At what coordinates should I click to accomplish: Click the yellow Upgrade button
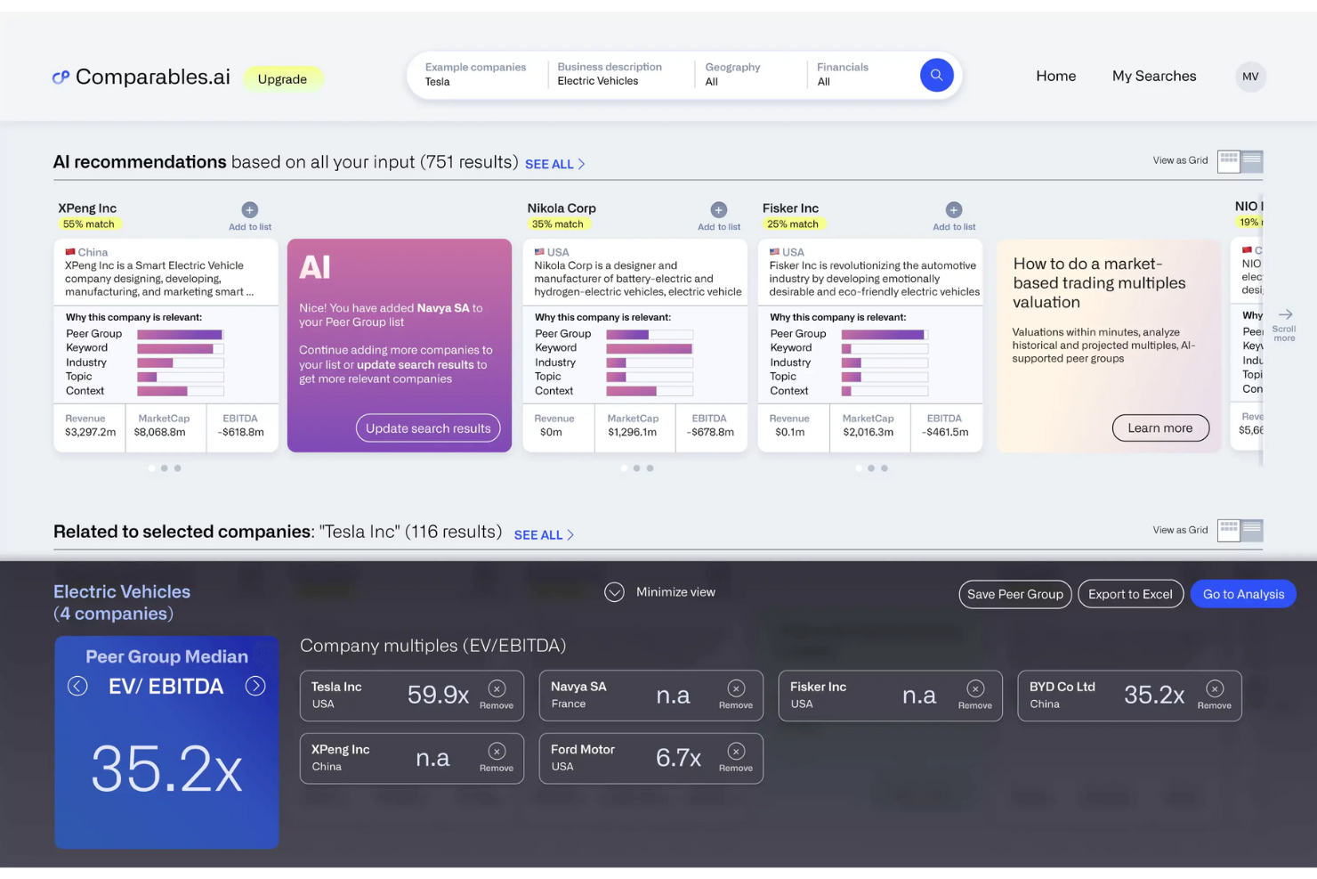[282, 79]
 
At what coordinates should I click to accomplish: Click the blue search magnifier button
[936, 76]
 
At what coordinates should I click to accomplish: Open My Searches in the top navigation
[1153, 77]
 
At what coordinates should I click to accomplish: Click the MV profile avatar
[1250, 77]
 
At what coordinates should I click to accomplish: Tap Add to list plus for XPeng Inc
[250, 210]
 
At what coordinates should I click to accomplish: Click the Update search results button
[428, 428]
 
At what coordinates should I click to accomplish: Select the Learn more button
[1159, 428]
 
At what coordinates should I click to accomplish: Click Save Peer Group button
[1014, 594]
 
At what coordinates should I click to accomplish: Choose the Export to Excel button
[1130, 594]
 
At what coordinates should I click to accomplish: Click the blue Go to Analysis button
[1243, 594]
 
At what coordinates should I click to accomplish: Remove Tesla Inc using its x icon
[497, 688]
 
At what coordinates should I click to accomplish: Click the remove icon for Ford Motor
[736, 752]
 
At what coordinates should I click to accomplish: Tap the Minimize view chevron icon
[614, 592]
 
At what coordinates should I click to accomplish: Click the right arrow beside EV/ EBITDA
[255, 686]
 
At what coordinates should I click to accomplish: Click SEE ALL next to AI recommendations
[554, 165]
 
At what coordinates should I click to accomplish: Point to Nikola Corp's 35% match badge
[558, 224]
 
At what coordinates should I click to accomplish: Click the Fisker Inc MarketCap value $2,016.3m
[868, 433]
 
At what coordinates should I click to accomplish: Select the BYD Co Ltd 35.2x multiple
[1153, 695]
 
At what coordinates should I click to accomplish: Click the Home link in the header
[1055, 77]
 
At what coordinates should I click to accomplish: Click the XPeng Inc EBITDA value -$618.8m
[240, 433]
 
